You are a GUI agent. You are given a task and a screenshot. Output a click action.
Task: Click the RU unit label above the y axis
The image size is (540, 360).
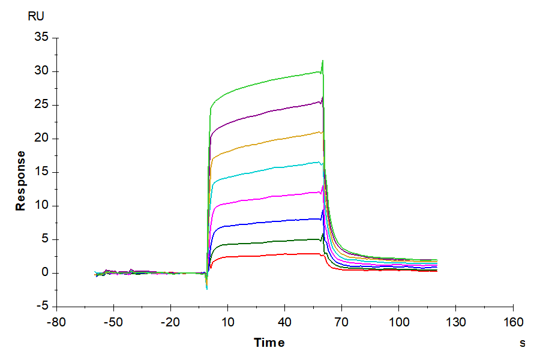point(36,16)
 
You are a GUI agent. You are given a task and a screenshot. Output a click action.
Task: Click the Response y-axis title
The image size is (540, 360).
point(21,181)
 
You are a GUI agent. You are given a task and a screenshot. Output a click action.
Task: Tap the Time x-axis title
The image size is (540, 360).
point(269,343)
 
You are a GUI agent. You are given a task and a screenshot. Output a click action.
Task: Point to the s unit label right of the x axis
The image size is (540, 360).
point(522,343)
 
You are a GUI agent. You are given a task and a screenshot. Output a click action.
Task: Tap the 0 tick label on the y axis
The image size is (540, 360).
point(44,273)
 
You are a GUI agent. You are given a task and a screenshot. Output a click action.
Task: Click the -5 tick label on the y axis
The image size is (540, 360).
point(42,307)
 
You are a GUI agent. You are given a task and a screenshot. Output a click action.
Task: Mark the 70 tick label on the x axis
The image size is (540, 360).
point(341,323)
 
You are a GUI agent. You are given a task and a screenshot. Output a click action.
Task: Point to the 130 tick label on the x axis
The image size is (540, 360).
point(455,323)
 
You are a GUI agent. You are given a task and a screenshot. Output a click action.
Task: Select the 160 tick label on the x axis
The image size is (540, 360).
point(512,323)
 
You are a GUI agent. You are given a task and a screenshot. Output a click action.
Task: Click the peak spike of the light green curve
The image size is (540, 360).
point(323,61)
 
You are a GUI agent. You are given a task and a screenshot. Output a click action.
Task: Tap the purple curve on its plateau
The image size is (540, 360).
point(270,110)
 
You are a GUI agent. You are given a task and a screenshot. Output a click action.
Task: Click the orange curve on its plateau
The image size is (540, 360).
point(270,141)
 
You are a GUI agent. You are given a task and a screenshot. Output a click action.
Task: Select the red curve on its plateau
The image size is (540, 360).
point(270,255)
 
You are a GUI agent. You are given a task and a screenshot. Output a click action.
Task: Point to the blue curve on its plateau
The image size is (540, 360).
point(270,222)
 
